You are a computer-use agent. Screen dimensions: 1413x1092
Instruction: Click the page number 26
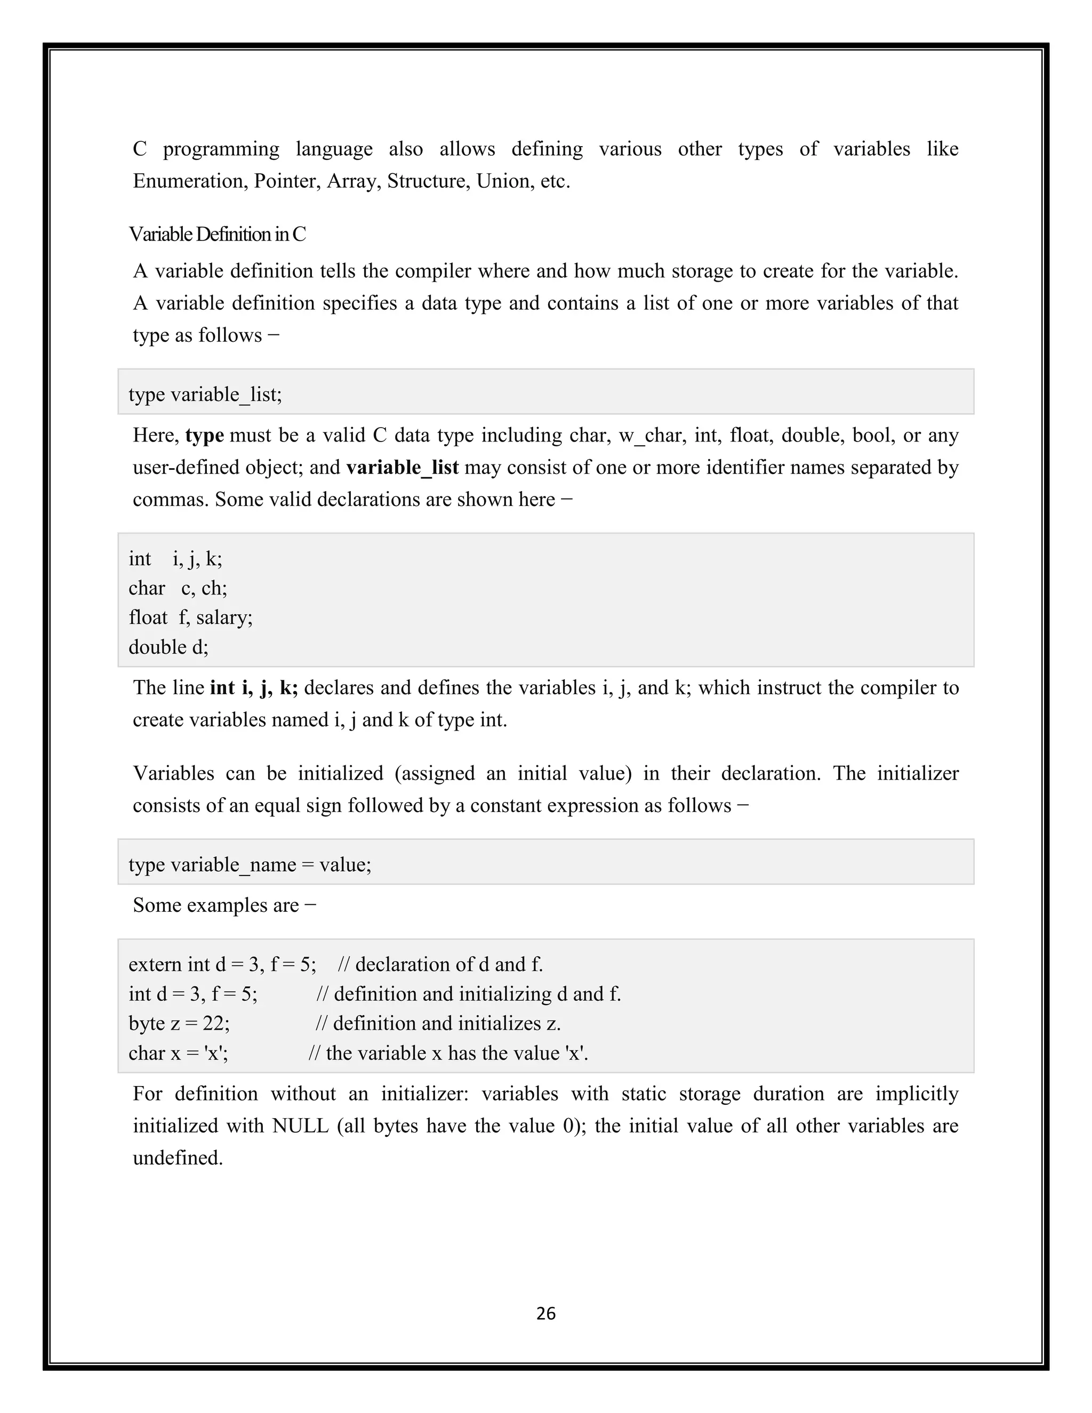click(x=545, y=1313)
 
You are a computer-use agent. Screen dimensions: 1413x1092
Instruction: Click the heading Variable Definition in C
click(x=218, y=234)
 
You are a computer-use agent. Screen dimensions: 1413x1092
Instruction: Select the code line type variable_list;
click(x=205, y=394)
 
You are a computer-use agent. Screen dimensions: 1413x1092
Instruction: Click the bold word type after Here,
click(x=204, y=436)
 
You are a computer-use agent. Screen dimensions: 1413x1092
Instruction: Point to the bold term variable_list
click(x=403, y=468)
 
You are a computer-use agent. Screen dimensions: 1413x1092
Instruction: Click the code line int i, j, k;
click(x=175, y=559)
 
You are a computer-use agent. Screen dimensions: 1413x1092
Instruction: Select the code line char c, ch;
click(x=178, y=588)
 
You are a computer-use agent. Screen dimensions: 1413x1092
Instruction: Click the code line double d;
click(x=168, y=647)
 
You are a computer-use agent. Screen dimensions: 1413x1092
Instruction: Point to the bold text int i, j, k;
click(x=254, y=688)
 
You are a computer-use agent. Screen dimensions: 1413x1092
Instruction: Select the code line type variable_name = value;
click(x=250, y=865)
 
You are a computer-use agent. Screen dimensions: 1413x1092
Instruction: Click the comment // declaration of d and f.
click(x=440, y=965)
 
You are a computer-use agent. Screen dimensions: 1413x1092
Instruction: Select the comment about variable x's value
click(x=448, y=1053)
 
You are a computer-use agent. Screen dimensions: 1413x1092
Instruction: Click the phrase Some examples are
click(x=216, y=905)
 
